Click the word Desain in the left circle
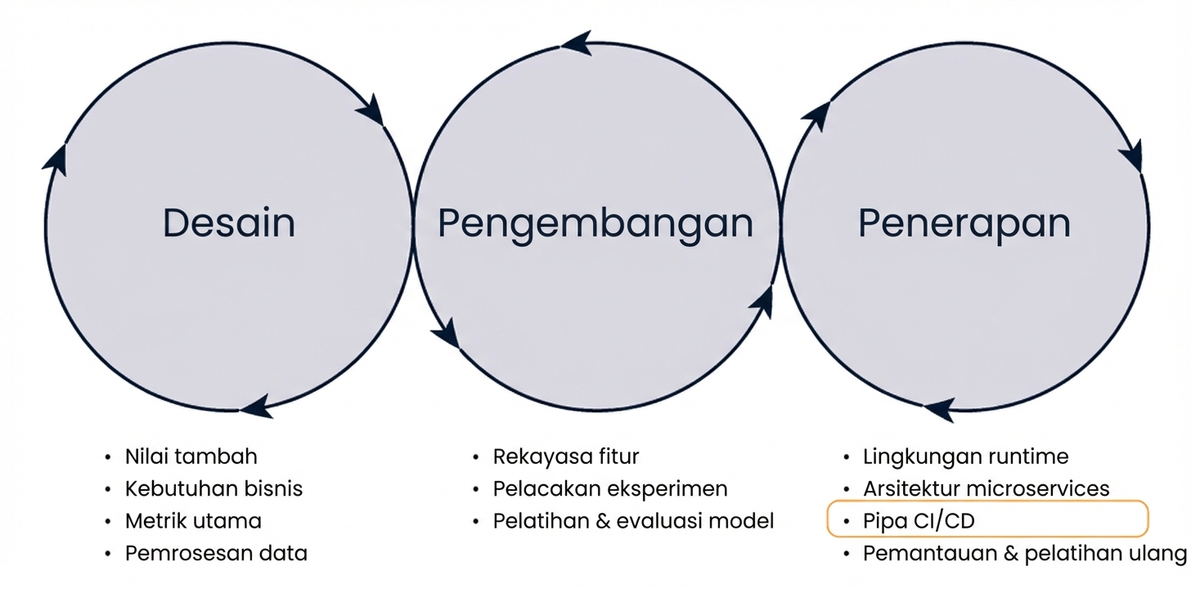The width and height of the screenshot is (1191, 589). (229, 223)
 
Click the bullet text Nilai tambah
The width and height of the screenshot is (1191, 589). (191, 456)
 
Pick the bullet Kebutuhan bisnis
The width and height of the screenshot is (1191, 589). (213, 489)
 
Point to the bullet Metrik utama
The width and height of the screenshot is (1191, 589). (193, 521)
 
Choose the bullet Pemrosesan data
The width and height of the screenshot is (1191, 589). (216, 554)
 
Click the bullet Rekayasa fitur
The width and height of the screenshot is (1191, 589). (565, 456)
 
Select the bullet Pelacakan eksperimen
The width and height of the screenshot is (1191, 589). (609, 489)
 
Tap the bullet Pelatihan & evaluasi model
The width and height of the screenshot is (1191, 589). (633, 521)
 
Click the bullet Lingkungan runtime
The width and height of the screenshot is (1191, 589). (965, 456)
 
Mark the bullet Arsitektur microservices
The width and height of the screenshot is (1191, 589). (986, 489)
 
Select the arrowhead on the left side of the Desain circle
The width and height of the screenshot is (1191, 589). (56, 158)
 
